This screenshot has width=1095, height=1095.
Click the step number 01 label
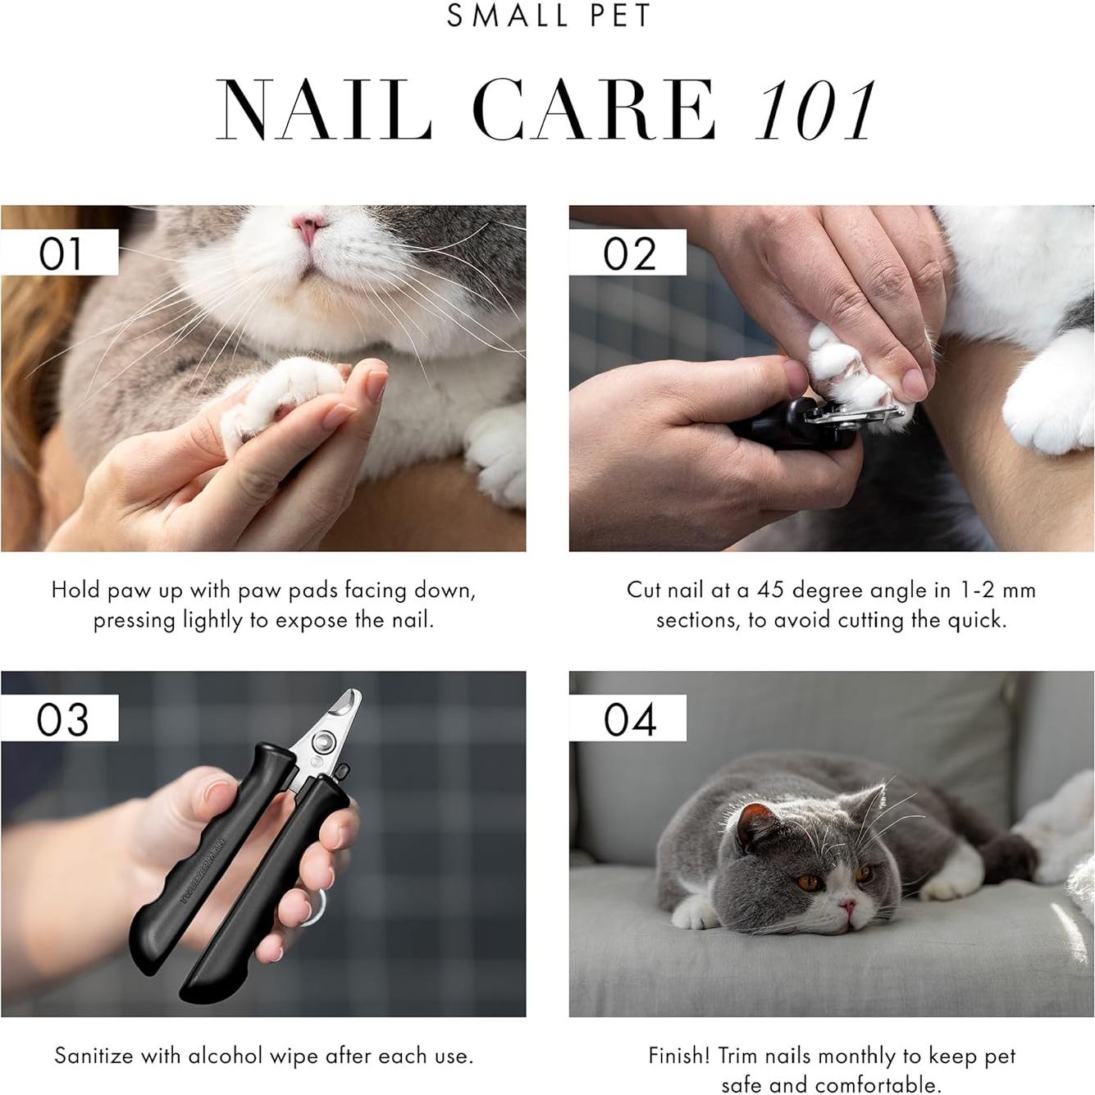pyautogui.click(x=60, y=253)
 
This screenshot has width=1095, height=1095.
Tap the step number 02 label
pyautogui.click(x=629, y=253)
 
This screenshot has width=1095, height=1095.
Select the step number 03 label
pyautogui.click(x=62, y=719)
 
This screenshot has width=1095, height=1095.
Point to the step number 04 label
pyautogui.click(x=629, y=719)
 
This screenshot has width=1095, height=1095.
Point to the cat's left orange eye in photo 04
pyautogui.click(x=809, y=883)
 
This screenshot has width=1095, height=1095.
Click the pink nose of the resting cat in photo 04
pyautogui.click(x=847, y=906)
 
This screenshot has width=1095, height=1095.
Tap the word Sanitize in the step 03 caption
pyautogui.click(x=94, y=1056)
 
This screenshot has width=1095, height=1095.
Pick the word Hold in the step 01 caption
pyautogui.click(x=75, y=590)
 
